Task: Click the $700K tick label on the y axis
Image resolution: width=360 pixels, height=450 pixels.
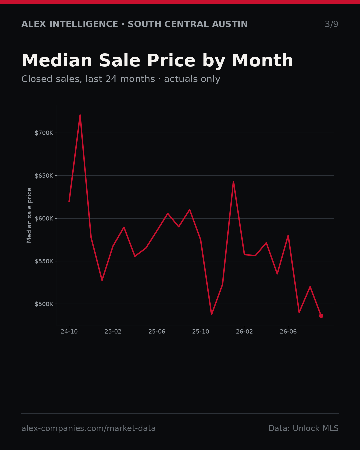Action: pos(44,133)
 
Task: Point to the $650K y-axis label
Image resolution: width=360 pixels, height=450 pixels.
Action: pos(44,176)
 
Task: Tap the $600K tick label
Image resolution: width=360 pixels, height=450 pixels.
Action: pos(44,219)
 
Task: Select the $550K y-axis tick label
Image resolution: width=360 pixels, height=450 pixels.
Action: pos(44,261)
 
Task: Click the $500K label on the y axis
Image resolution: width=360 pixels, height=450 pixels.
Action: pos(44,304)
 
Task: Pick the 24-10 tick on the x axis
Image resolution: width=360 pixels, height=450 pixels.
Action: pos(69,332)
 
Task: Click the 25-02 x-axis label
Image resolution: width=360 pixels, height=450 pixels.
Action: pos(113,332)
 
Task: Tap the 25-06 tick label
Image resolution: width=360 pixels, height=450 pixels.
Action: pos(157,332)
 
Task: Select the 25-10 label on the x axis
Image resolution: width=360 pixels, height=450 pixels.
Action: pos(201,332)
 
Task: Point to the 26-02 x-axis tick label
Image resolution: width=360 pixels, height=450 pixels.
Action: pos(244,332)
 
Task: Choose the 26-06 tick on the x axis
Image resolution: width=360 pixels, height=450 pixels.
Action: pos(288,332)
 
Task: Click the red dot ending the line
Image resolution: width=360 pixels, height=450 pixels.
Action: pos(321,316)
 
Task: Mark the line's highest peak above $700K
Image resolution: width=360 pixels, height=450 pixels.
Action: pos(80,115)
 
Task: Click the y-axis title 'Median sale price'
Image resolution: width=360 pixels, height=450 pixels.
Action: pos(29,215)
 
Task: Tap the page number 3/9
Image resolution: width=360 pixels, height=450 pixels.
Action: pos(332,24)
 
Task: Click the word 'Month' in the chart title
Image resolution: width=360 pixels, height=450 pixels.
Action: pos(263,61)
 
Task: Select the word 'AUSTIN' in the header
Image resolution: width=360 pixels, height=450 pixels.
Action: pos(230,24)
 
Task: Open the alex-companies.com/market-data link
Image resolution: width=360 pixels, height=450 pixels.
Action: pos(88,428)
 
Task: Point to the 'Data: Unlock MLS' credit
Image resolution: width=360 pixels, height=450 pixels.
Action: pos(304,428)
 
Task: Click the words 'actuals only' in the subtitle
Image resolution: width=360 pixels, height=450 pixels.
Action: pos(192,79)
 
